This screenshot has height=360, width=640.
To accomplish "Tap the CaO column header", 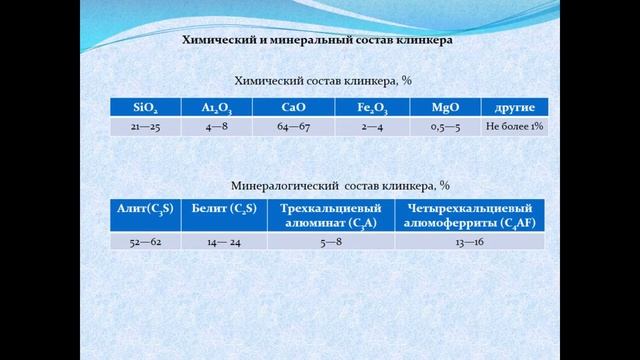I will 291,108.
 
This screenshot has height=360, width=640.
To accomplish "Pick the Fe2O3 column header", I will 372,108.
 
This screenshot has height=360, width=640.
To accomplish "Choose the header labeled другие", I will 514,108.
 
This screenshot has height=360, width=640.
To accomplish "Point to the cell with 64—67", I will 291,127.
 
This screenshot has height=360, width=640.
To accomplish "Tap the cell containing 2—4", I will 372,127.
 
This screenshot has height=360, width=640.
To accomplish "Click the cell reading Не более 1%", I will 514,127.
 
